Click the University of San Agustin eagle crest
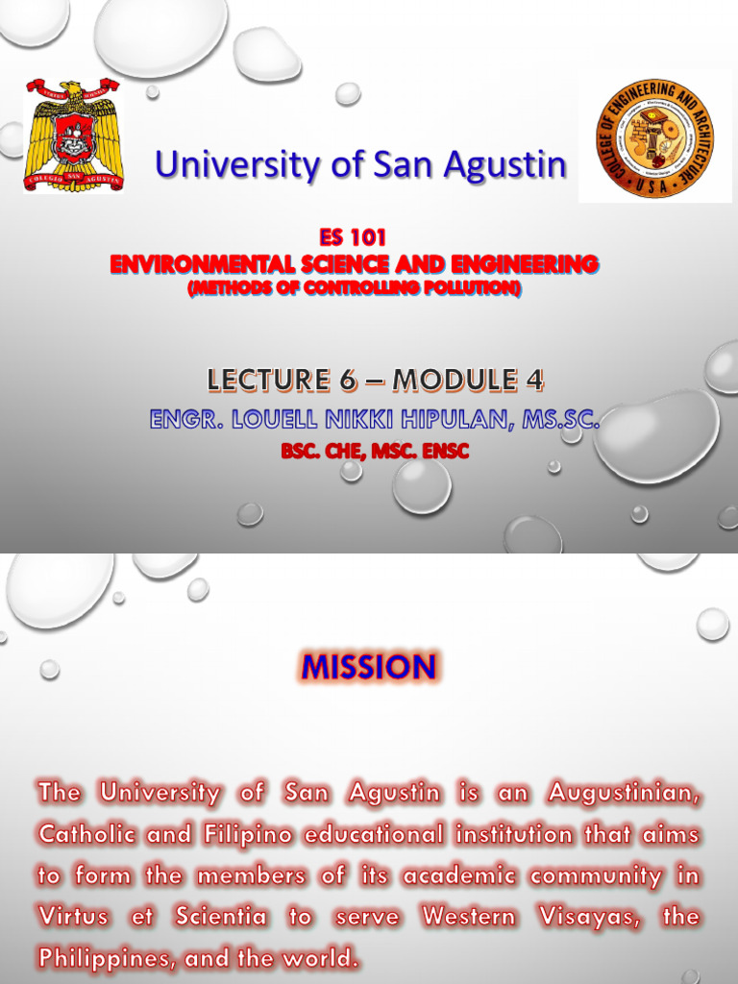pos(74,135)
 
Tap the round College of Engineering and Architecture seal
pos(654,139)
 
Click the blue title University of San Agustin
pos(360,165)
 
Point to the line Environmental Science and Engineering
pos(354,263)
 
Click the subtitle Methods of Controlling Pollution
pos(354,287)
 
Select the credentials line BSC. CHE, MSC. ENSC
pos(375,451)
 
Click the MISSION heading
pos(368,666)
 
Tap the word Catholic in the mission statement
pos(85,835)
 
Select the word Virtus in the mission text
pos(74,917)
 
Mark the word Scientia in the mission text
pos(221,917)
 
